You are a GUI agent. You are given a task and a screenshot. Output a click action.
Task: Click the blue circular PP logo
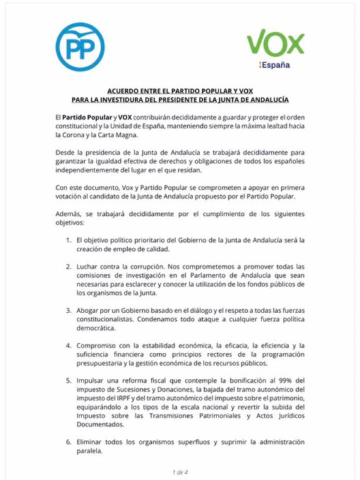click(77, 46)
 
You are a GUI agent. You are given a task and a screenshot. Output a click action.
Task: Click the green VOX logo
click(275, 44)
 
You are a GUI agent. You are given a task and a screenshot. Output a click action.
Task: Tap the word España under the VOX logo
click(277, 65)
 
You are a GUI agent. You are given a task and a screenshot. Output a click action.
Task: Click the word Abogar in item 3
click(94, 311)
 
